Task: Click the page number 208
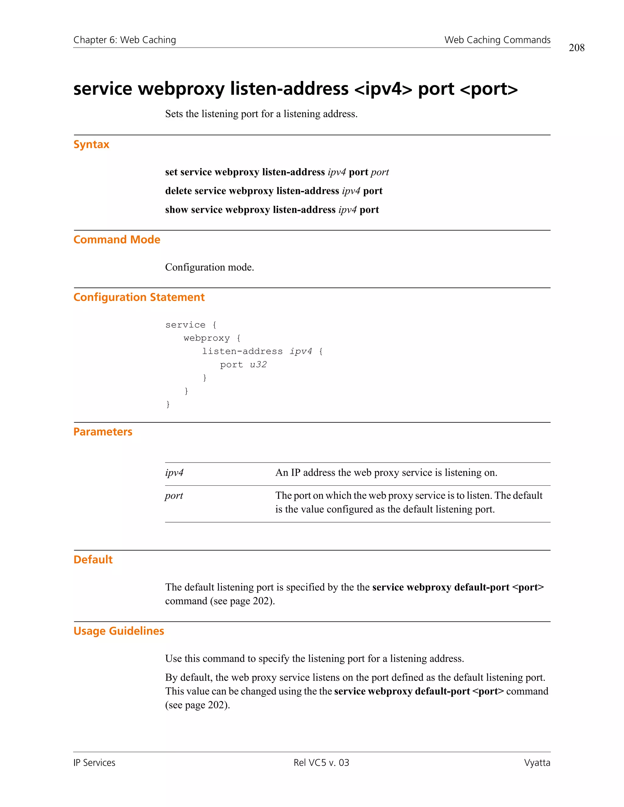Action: click(576, 48)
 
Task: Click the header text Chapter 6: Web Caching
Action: click(125, 40)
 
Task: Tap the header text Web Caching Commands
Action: click(497, 40)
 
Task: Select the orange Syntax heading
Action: click(91, 144)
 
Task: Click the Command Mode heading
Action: click(117, 240)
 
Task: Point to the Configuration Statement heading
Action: click(139, 298)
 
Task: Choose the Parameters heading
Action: click(103, 432)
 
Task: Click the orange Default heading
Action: click(93, 560)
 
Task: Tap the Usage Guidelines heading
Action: click(119, 631)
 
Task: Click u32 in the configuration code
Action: click(258, 365)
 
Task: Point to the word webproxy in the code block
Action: click(206, 338)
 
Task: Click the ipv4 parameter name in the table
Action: click(174, 473)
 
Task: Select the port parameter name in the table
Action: click(174, 496)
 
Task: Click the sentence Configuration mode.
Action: click(209, 267)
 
